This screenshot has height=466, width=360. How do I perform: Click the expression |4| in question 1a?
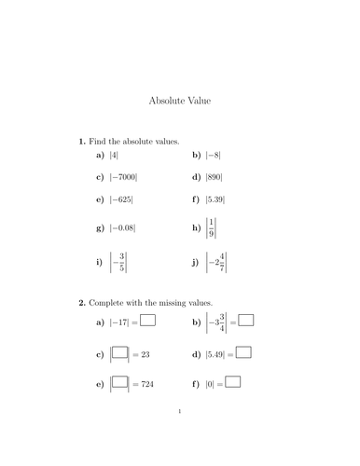coord(114,155)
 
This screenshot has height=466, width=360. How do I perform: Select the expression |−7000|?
coord(123,177)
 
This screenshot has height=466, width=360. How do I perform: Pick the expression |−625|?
coord(121,199)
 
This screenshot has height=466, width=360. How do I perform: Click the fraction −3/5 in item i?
coord(118,263)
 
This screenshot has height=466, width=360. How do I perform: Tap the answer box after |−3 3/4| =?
coord(247,322)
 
